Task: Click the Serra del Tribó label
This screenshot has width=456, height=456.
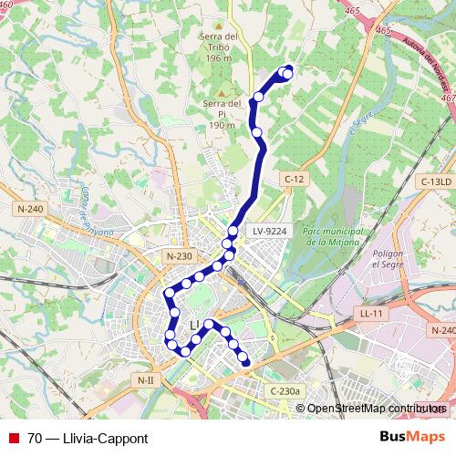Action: coord(220,42)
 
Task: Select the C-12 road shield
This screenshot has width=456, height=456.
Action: coord(293,179)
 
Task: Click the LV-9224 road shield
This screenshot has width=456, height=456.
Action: coord(270,232)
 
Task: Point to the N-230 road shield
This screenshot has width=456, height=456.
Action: coord(179,257)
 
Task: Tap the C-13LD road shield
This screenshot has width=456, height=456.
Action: coord(436,182)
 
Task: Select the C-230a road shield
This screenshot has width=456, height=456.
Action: coord(285,390)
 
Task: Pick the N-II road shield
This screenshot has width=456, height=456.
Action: coord(145,378)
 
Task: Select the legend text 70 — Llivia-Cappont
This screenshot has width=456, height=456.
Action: coord(88,438)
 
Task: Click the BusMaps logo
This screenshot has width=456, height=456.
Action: coord(412,437)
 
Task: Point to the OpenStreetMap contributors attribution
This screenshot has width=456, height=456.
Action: coord(376,409)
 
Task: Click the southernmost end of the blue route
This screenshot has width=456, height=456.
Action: coord(246,363)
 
